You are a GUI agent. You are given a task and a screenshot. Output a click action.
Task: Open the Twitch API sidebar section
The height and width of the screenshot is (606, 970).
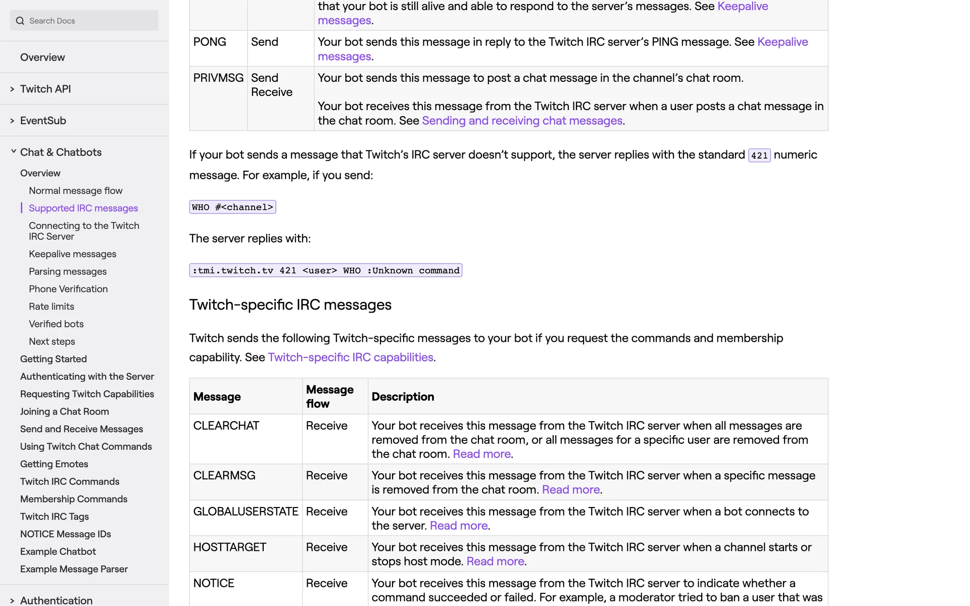(x=45, y=89)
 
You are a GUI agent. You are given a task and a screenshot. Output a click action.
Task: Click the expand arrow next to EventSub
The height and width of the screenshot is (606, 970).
(x=12, y=121)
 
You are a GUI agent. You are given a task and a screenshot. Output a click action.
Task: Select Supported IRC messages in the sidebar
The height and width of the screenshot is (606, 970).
(x=83, y=208)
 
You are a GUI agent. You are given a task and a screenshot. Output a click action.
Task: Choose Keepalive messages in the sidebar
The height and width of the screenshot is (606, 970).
(x=72, y=254)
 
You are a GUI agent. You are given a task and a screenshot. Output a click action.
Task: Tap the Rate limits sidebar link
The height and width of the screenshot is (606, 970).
(x=52, y=307)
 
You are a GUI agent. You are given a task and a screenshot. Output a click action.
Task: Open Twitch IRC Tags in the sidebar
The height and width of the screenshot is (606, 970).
(x=55, y=517)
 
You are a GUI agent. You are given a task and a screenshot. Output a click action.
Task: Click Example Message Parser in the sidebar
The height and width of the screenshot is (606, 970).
(x=74, y=569)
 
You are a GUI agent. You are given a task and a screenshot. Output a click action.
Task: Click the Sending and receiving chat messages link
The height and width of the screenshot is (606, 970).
(x=522, y=121)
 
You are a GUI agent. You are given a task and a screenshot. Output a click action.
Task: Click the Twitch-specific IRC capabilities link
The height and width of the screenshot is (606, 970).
(x=350, y=358)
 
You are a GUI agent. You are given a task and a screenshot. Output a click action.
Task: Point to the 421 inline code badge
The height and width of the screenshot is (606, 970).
(x=759, y=156)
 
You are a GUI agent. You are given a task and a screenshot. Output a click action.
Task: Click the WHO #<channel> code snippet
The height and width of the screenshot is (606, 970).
(x=232, y=207)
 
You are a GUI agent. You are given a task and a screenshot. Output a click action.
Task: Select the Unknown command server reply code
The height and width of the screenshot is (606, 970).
(x=325, y=271)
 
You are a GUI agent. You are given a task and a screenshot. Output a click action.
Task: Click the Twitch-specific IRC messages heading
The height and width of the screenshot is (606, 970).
(x=290, y=305)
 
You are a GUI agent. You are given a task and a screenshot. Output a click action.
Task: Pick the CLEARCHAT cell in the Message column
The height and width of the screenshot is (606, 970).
(x=226, y=426)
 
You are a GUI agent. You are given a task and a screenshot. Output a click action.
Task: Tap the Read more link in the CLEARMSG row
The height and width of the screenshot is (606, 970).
(x=570, y=490)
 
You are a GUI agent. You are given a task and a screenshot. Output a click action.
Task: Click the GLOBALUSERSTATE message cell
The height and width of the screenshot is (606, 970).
(x=246, y=512)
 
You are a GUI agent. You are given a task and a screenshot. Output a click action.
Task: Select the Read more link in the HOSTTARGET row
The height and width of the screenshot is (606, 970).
(x=495, y=562)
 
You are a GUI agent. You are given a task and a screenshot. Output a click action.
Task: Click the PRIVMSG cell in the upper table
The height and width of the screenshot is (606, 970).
(x=218, y=78)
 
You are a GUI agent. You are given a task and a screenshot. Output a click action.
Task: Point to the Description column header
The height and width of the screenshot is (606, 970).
(x=403, y=397)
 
